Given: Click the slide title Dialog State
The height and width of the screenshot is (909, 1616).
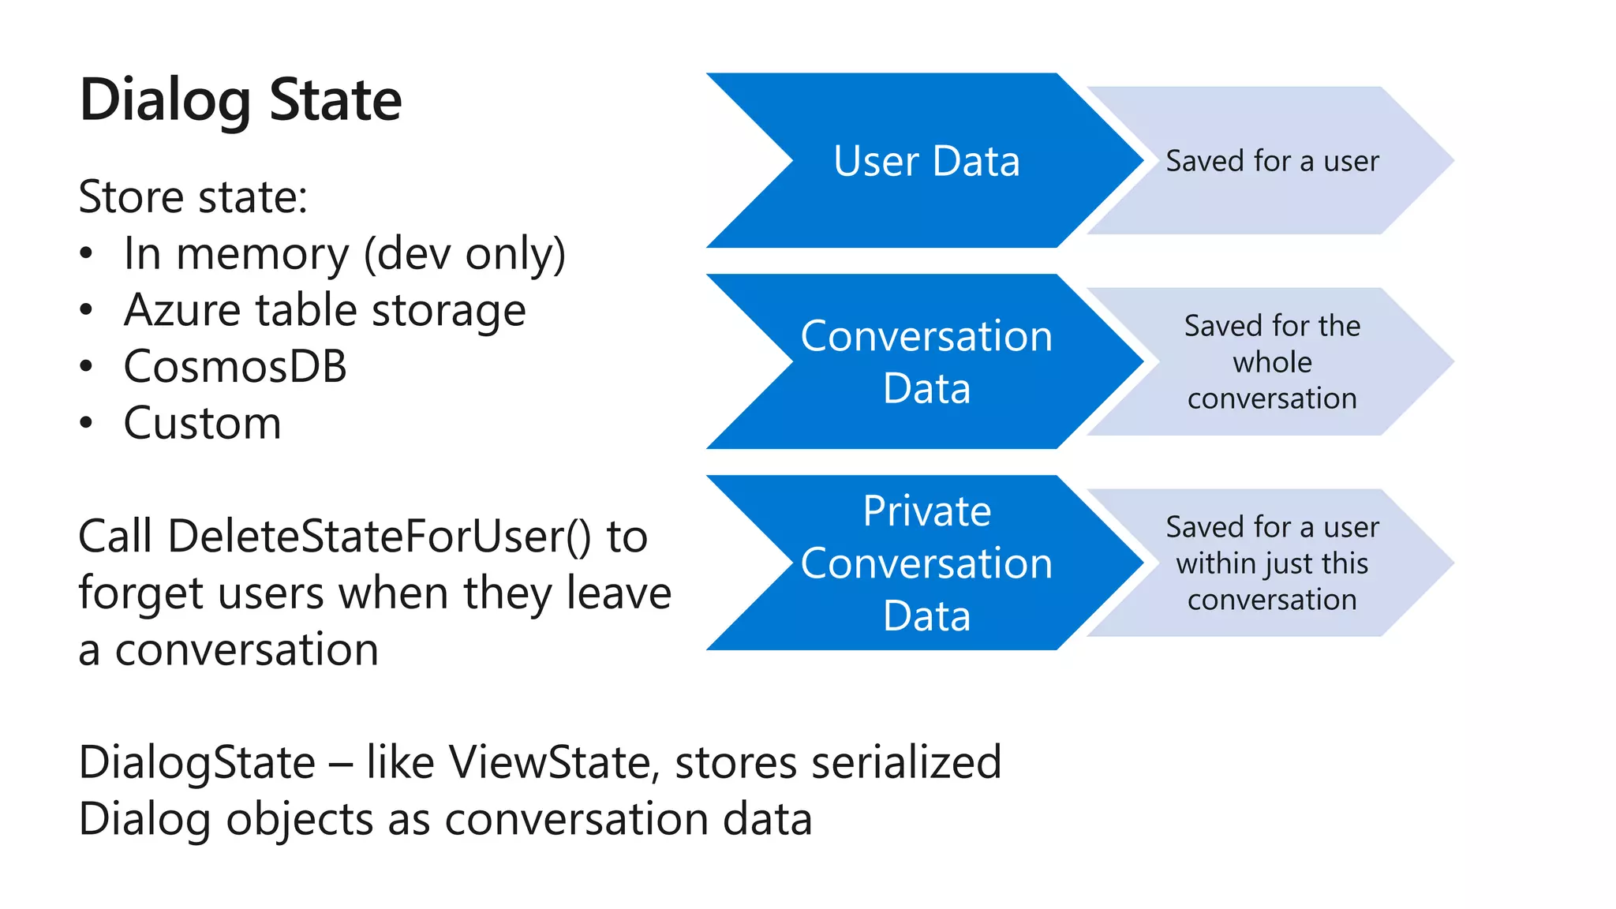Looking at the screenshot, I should point(241,101).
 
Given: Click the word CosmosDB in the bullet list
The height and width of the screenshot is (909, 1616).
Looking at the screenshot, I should point(235,367).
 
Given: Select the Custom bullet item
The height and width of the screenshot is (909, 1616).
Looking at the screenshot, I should point(202,424).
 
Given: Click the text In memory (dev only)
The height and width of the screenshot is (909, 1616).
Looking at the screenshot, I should point(345,254).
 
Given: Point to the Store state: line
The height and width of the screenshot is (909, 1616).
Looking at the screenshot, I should point(193,196).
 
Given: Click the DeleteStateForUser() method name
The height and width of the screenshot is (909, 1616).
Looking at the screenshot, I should point(379,537).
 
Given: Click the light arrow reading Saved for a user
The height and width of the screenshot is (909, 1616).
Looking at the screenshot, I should point(1272,161).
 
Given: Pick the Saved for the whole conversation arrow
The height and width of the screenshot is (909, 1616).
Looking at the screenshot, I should point(1272,362).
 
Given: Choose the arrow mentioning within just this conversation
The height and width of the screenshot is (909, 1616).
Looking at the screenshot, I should point(1272,563).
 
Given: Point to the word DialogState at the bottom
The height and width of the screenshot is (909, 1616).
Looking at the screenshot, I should point(196,763).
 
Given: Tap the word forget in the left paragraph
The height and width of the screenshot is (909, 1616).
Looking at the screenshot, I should point(141,593).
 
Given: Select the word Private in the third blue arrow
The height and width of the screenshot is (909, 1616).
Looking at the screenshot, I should point(926,511).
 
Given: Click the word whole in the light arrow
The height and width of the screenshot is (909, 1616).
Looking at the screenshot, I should point(1272,362).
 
